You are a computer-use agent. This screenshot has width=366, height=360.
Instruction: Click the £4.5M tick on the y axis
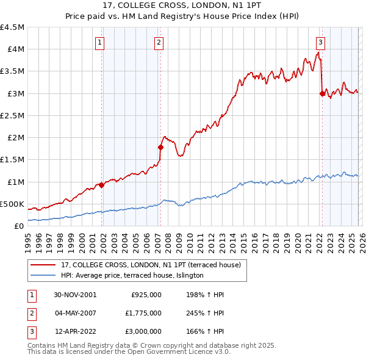(x=13, y=27)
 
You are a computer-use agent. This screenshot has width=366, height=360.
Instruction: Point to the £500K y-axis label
(x=13, y=204)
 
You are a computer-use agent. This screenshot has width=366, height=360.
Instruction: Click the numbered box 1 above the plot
(x=99, y=43)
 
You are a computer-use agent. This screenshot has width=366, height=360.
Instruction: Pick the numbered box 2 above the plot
(x=158, y=43)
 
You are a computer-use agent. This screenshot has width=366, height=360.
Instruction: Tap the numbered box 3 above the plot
(x=320, y=43)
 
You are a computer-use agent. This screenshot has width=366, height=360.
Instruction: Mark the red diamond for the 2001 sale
(x=102, y=185)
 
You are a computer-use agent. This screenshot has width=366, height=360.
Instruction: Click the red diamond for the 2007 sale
(x=160, y=147)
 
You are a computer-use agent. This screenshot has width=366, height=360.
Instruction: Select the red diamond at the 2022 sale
(x=322, y=93)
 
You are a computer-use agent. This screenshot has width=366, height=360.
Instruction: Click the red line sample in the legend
(x=43, y=265)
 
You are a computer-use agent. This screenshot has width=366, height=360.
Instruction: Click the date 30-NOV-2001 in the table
(x=75, y=295)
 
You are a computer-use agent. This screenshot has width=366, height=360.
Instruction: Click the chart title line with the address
(x=183, y=7)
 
